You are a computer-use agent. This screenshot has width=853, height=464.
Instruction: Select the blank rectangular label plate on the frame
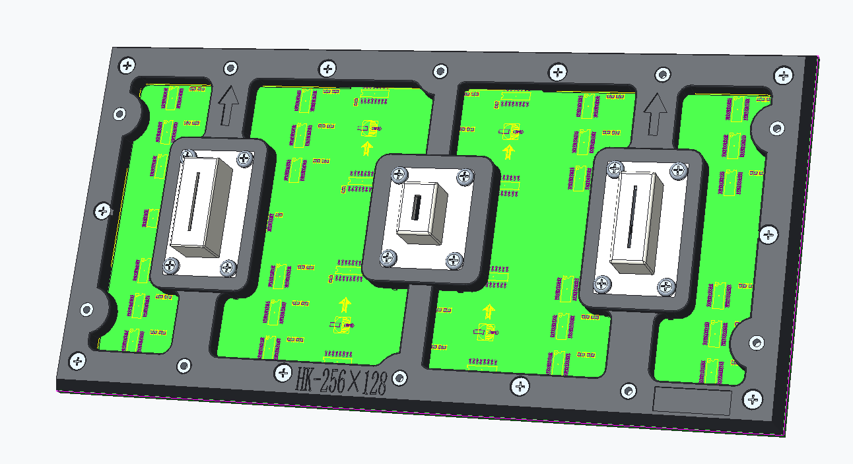click(x=692, y=401)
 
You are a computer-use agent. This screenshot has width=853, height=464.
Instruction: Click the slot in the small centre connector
click(x=416, y=208)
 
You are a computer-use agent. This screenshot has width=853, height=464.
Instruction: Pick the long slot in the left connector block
click(x=191, y=201)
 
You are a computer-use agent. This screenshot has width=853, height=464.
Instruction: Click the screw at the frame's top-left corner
click(x=127, y=65)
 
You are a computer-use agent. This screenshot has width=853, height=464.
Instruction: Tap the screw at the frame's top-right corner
click(x=784, y=75)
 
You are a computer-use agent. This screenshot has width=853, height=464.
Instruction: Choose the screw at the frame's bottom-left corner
click(x=77, y=360)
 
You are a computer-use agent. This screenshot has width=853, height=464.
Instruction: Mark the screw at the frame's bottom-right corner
click(x=753, y=399)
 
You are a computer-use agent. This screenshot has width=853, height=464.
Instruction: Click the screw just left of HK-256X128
click(x=283, y=372)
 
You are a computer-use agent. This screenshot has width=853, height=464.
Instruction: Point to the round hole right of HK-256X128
click(x=399, y=378)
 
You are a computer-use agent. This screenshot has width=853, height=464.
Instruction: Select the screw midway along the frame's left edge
click(x=103, y=211)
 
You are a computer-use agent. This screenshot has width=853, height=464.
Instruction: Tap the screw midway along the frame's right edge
click(x=768, y=234)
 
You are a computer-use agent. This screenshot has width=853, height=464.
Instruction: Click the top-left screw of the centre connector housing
click(x=399, y=175)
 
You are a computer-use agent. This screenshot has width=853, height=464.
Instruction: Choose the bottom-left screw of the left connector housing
click(x=172, y=265)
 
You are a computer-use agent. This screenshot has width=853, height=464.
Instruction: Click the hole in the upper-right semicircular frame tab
click(x=777, y=128)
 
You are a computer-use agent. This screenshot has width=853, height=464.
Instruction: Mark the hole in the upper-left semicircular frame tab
click(x=119, y=114)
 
